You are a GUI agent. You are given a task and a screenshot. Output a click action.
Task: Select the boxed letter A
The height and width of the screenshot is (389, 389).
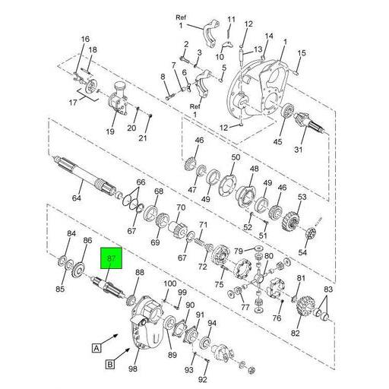pos(96,349)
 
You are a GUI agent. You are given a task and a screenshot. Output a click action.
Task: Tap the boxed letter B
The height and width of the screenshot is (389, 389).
pos(109,365)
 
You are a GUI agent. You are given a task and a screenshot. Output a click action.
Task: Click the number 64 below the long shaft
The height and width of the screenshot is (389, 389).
pos(77,198)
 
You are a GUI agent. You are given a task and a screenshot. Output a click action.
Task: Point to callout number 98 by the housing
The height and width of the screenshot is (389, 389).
pos(134,369)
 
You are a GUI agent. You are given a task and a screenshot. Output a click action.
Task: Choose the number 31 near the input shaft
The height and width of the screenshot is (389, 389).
pos(319,149)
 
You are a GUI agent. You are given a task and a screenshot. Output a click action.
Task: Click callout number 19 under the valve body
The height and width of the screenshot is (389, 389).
pos(109,131)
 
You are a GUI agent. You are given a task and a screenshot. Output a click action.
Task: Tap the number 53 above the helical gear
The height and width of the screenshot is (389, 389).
pos(302,198)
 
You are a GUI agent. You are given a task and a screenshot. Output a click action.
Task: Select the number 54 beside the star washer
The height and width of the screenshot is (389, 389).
pos(302,251)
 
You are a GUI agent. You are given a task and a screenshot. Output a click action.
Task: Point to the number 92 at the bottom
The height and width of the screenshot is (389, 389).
pos(203,379)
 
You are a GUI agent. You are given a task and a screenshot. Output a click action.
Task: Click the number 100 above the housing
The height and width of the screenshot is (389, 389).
pos(169,284)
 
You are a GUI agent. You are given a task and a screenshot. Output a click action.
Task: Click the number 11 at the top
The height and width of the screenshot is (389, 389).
pos(232,19)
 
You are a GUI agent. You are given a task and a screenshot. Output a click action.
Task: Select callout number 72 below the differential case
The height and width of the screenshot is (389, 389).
pos(203,267)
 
